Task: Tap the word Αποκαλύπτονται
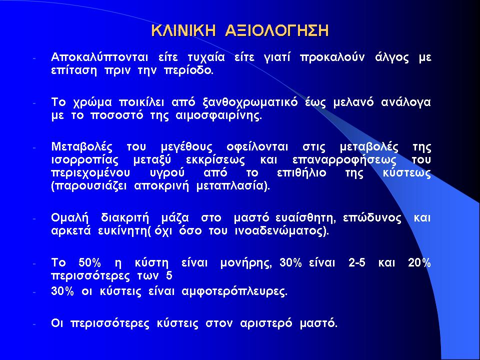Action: [100, 57]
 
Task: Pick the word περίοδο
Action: [188, 71]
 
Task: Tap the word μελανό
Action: [353, 102]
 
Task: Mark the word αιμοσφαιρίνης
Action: [219, 116]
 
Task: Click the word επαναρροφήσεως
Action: [344, 160]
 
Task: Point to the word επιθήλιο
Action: [301, 173]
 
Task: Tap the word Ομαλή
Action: [70, 218]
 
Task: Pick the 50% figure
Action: [89, 262]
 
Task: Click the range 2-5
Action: [357, 262]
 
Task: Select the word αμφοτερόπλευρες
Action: [234, 291]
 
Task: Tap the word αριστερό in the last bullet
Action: [266, 323]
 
